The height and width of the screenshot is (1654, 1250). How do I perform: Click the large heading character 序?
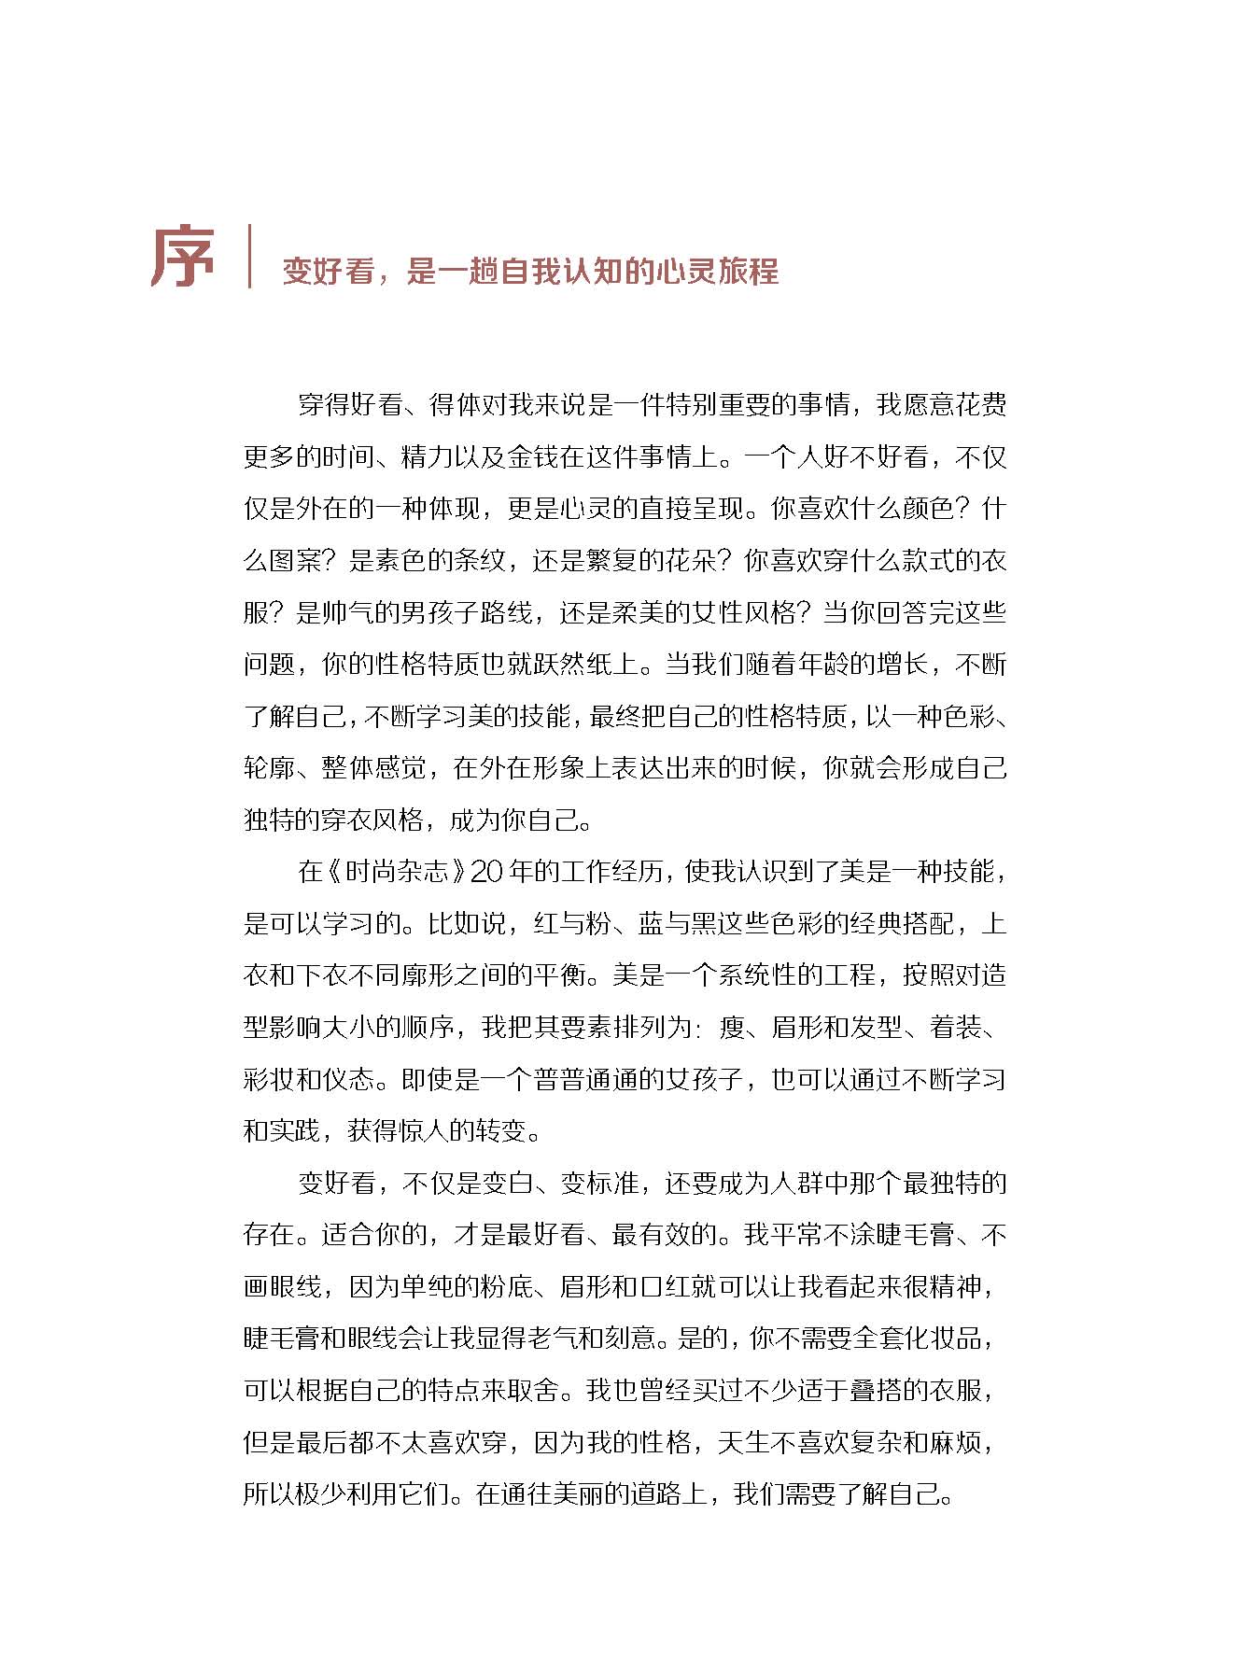(183, 256)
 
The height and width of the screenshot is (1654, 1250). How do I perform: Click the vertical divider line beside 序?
(249, 256)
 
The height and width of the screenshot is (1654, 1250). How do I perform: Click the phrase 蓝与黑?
(678, 924)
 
